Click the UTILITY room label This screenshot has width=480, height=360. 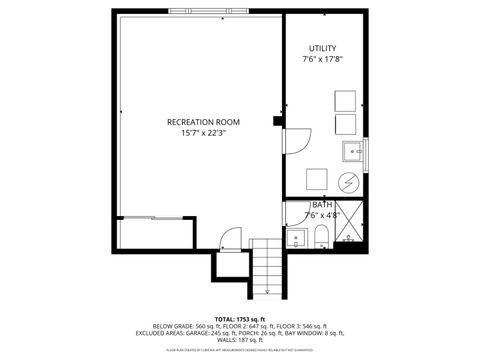[x=322, y=48]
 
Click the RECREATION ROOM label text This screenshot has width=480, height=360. [x=197, y=122]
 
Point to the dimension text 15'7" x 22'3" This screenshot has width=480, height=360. [x=197, y=133]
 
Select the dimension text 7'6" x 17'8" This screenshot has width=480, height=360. [x=322, y=59]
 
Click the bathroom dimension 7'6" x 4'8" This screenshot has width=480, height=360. [x=322, y=214]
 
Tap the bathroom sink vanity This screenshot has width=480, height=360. [x=295, y=239]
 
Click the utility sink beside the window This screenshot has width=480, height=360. [x=351, y=152]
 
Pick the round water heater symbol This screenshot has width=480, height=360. [x=348, y=181]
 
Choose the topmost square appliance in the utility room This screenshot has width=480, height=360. [x=344, y=101]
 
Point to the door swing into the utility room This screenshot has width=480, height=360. [x=295, y=143]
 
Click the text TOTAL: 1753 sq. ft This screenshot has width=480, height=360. [x=239, y=319]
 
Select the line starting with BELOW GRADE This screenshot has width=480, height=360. [x=239, y=327]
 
